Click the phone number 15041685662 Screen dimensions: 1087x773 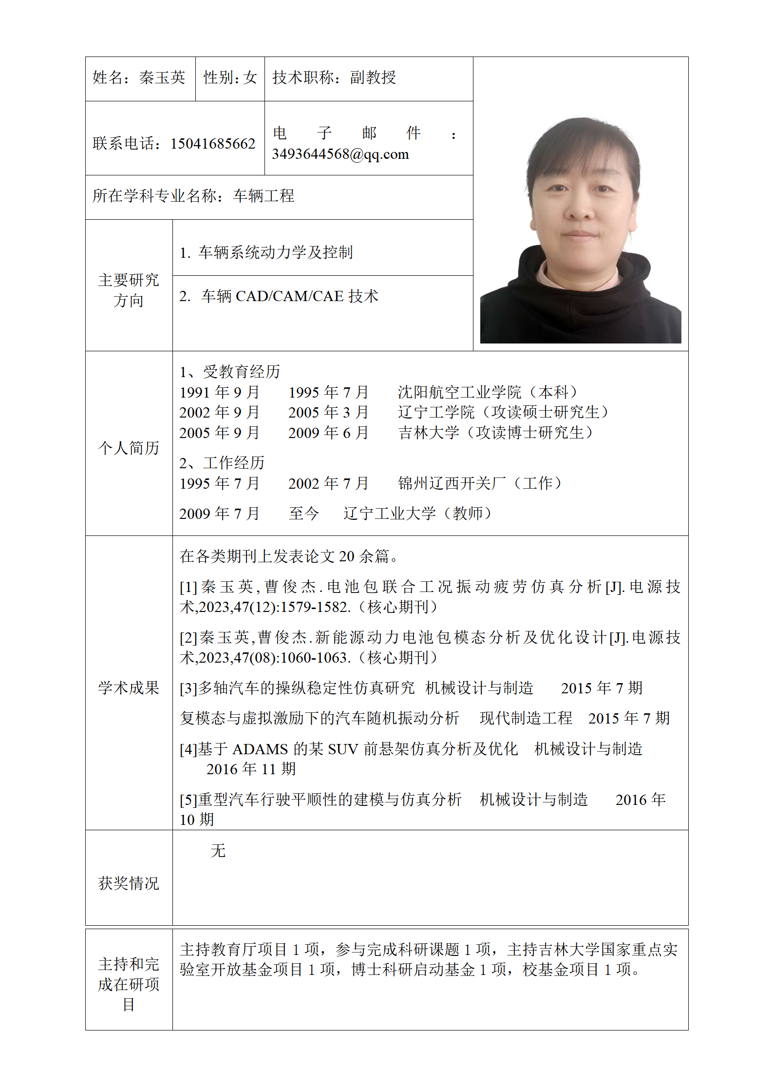[x=213, y=144]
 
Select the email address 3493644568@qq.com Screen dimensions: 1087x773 [x=340, y=154]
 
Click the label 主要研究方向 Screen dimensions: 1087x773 [x=129, y=290]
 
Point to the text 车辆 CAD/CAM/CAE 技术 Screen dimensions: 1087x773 [x=289, y=296]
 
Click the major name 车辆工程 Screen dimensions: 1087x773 [x=264, y=196]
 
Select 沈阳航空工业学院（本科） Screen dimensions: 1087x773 [x=488, y=392]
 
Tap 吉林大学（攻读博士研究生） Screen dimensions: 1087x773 [x=495, y=433]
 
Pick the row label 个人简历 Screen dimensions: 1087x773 [x=129, y=448]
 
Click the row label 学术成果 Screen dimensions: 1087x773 [x=129, y=688]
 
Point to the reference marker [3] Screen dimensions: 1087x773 [x=188, y=688]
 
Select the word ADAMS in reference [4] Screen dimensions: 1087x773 [x=260, y=749]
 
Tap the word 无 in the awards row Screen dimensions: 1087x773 [x=218, y=851]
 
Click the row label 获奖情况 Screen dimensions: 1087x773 [x=129, y=883]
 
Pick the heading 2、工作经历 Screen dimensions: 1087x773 [x=222, y=463]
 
